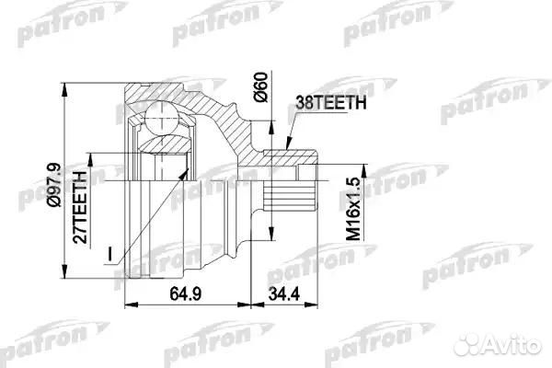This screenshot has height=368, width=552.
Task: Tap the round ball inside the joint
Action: tap(161, 118)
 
